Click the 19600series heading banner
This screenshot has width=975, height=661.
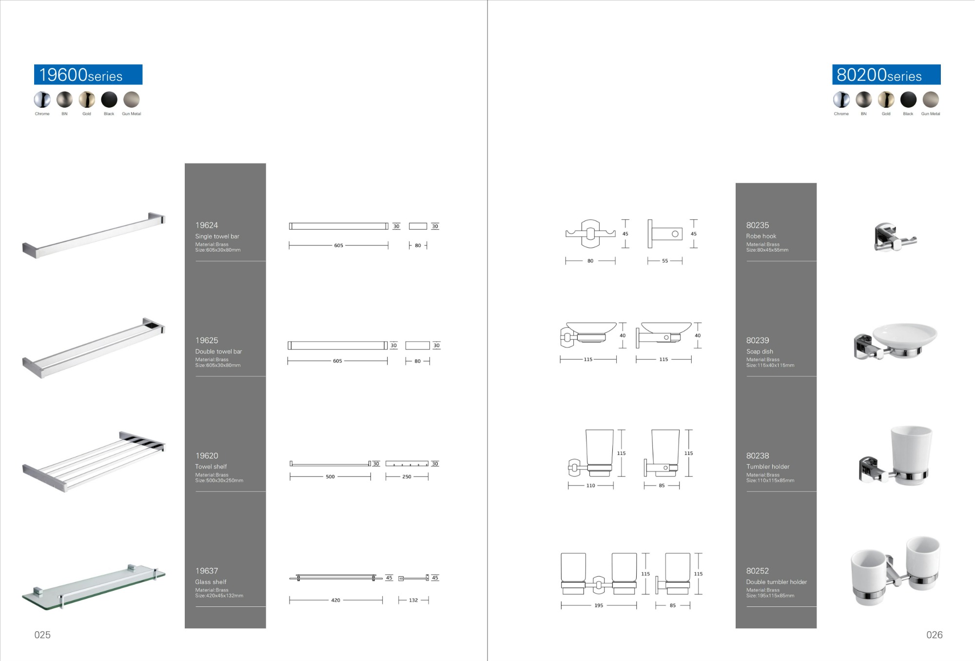point(88,75)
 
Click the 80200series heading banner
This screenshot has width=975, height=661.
point(886,75)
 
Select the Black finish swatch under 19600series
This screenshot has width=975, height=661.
point(109,99)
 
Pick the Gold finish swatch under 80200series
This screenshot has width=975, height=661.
point(886,99)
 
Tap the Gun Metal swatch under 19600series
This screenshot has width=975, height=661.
point(132,99)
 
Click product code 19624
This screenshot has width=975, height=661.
point(207,225)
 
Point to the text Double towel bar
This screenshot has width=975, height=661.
point(218,351)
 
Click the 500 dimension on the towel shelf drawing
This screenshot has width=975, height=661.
point(330,477)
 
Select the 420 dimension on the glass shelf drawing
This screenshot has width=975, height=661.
point(335,600)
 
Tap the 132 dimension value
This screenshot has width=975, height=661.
point(413,600)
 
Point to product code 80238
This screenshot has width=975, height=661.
point(758,456)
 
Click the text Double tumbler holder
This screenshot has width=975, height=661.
point(776,582)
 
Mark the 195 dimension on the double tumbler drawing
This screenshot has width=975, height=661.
point(599,605)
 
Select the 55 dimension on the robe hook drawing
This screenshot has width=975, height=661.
point(665,261)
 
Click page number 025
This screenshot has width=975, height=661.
point(42,635)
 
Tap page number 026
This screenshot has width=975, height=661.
point(934,635)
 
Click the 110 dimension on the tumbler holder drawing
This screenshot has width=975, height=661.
point(590,486)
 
